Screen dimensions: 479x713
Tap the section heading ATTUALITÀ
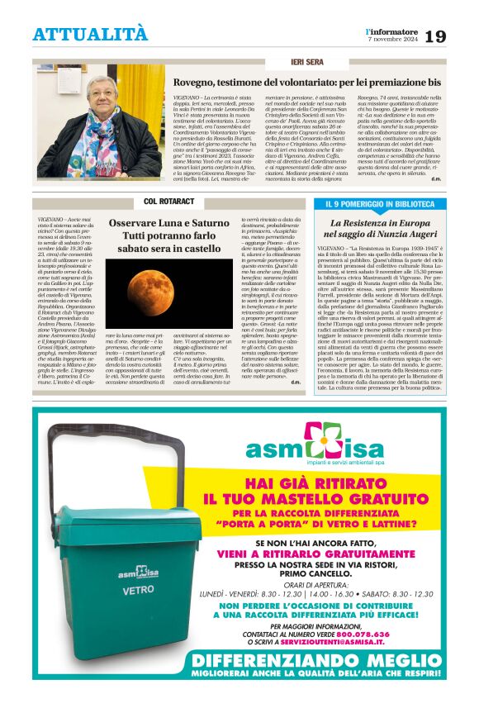coord(91,34)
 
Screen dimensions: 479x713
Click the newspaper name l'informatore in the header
coord(391,31)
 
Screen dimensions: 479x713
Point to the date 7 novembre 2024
coord(392,40)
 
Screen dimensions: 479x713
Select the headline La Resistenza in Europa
coord(379,223)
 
